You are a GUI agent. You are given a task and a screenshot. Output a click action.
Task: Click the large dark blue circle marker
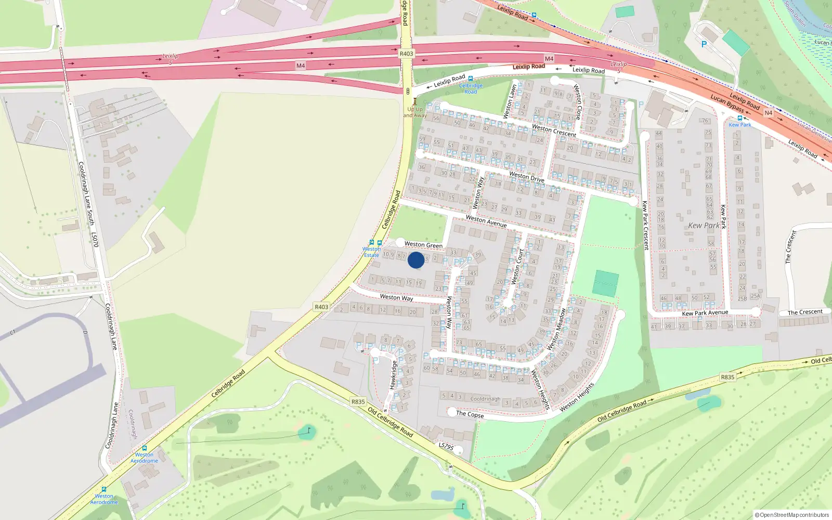pyautogui.click(x=416, y=260)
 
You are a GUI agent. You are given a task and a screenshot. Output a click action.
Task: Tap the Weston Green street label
pyautogui.click(x=423, y=244)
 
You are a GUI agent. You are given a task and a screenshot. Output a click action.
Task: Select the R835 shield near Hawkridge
pyautogui.click(x=358, y=401)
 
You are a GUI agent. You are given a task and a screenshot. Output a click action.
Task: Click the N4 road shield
pyautogui.click(x=768, y=113)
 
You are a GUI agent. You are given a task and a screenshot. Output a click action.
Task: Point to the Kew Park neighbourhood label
pyautogui.click(x=704, y=226)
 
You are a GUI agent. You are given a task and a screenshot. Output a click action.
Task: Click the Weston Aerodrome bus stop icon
pyautogui.click(x=144, y=448)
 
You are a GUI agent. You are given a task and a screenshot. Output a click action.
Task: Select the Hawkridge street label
pyautogui.click(x=394, y=375)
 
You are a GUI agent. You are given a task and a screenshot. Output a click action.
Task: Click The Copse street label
pyautogui.click(x=470, y=414)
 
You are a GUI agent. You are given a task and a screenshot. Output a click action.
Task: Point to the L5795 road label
pyautogui.click(x=446, y=446)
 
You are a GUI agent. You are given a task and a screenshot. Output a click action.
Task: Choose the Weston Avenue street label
pyautogui.click(x=486, y=221)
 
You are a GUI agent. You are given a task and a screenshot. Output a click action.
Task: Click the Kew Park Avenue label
pyautogui.click(x=705, y=313)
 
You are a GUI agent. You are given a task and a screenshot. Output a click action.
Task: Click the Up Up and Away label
pyautogui.click(x=415, y=112)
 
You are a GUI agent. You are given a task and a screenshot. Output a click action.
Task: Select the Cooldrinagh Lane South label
pyautogui.click(x=86, y=193)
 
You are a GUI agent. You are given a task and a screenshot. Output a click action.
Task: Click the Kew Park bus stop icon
pyautogui.click(x=739, y=118)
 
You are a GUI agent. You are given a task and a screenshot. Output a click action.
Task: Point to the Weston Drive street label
pyautogui.click(x=526, y=177)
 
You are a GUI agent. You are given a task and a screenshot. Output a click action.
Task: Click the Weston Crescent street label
pyautogui.click(x=554, y=131)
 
